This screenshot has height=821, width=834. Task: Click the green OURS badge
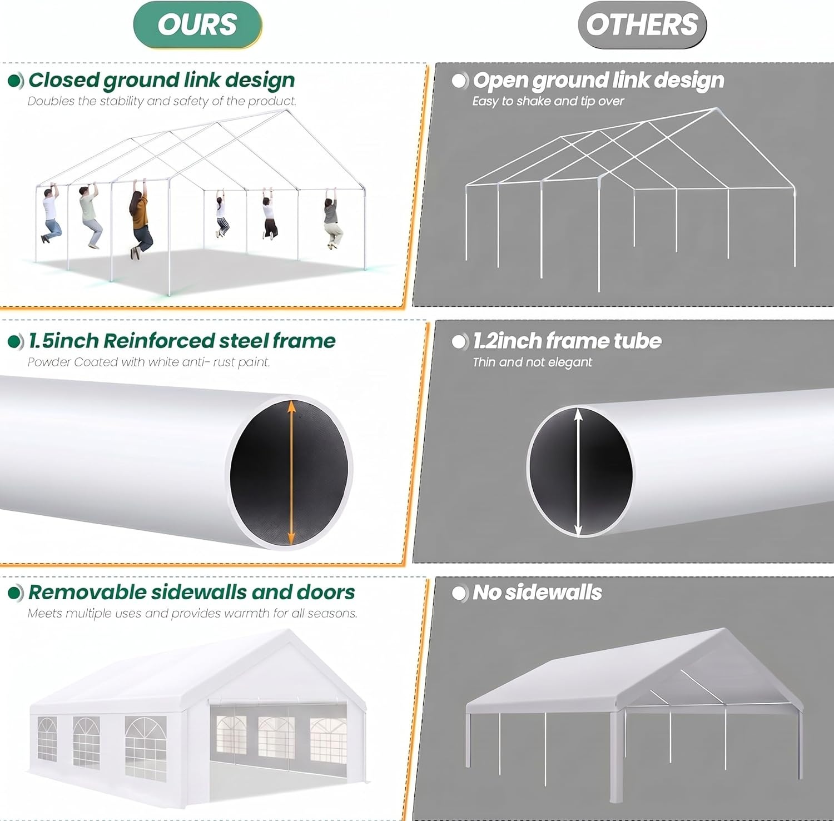pos(197,25)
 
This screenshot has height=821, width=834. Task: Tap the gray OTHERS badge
pos(642,25)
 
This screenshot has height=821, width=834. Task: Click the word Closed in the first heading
pos(64,80)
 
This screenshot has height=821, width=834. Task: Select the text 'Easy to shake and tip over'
pos(548,101)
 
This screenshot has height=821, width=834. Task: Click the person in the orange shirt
pos(141,220)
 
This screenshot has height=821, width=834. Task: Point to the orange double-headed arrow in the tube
pos(291,472)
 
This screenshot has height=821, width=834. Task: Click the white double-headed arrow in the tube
pos(579,472)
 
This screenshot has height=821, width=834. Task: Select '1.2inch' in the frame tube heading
pos(508,341)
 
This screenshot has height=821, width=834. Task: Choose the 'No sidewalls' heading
pos(537,593)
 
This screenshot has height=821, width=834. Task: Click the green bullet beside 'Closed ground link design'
pos(16,81)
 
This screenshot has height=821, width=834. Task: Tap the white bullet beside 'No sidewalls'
pos(460,593)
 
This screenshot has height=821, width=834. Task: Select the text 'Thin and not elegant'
pos(532,362)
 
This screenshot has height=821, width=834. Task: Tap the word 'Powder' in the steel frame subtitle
pos(49,362)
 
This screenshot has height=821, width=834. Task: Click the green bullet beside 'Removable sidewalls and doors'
pos(16,593)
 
